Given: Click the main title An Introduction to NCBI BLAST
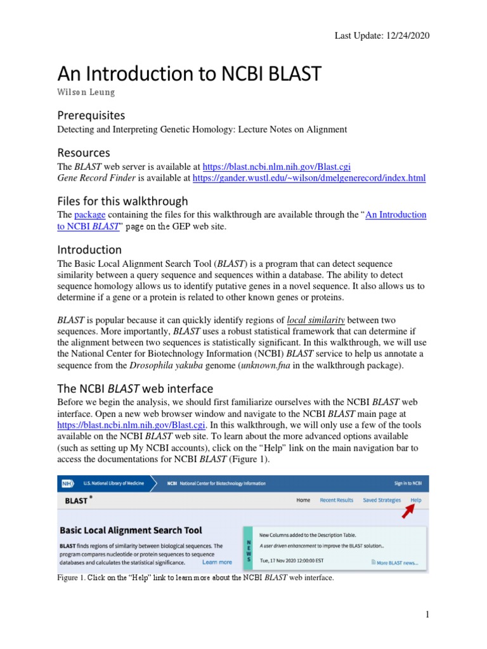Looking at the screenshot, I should point(190,74).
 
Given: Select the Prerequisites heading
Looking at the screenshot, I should point(91,115).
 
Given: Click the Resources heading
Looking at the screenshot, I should point(83,153).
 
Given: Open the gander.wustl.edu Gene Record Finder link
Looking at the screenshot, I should point(309,179).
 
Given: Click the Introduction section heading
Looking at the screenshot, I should point(89,249).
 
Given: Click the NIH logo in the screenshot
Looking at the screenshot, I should point(67,483).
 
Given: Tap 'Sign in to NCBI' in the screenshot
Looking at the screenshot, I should point(411,483).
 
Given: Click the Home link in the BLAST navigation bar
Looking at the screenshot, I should point(304,500).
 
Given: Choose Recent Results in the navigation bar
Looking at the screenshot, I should point(336,500).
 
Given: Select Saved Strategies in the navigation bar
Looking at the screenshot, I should point(382,500).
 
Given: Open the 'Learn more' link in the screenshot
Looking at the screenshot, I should point(217,562).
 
